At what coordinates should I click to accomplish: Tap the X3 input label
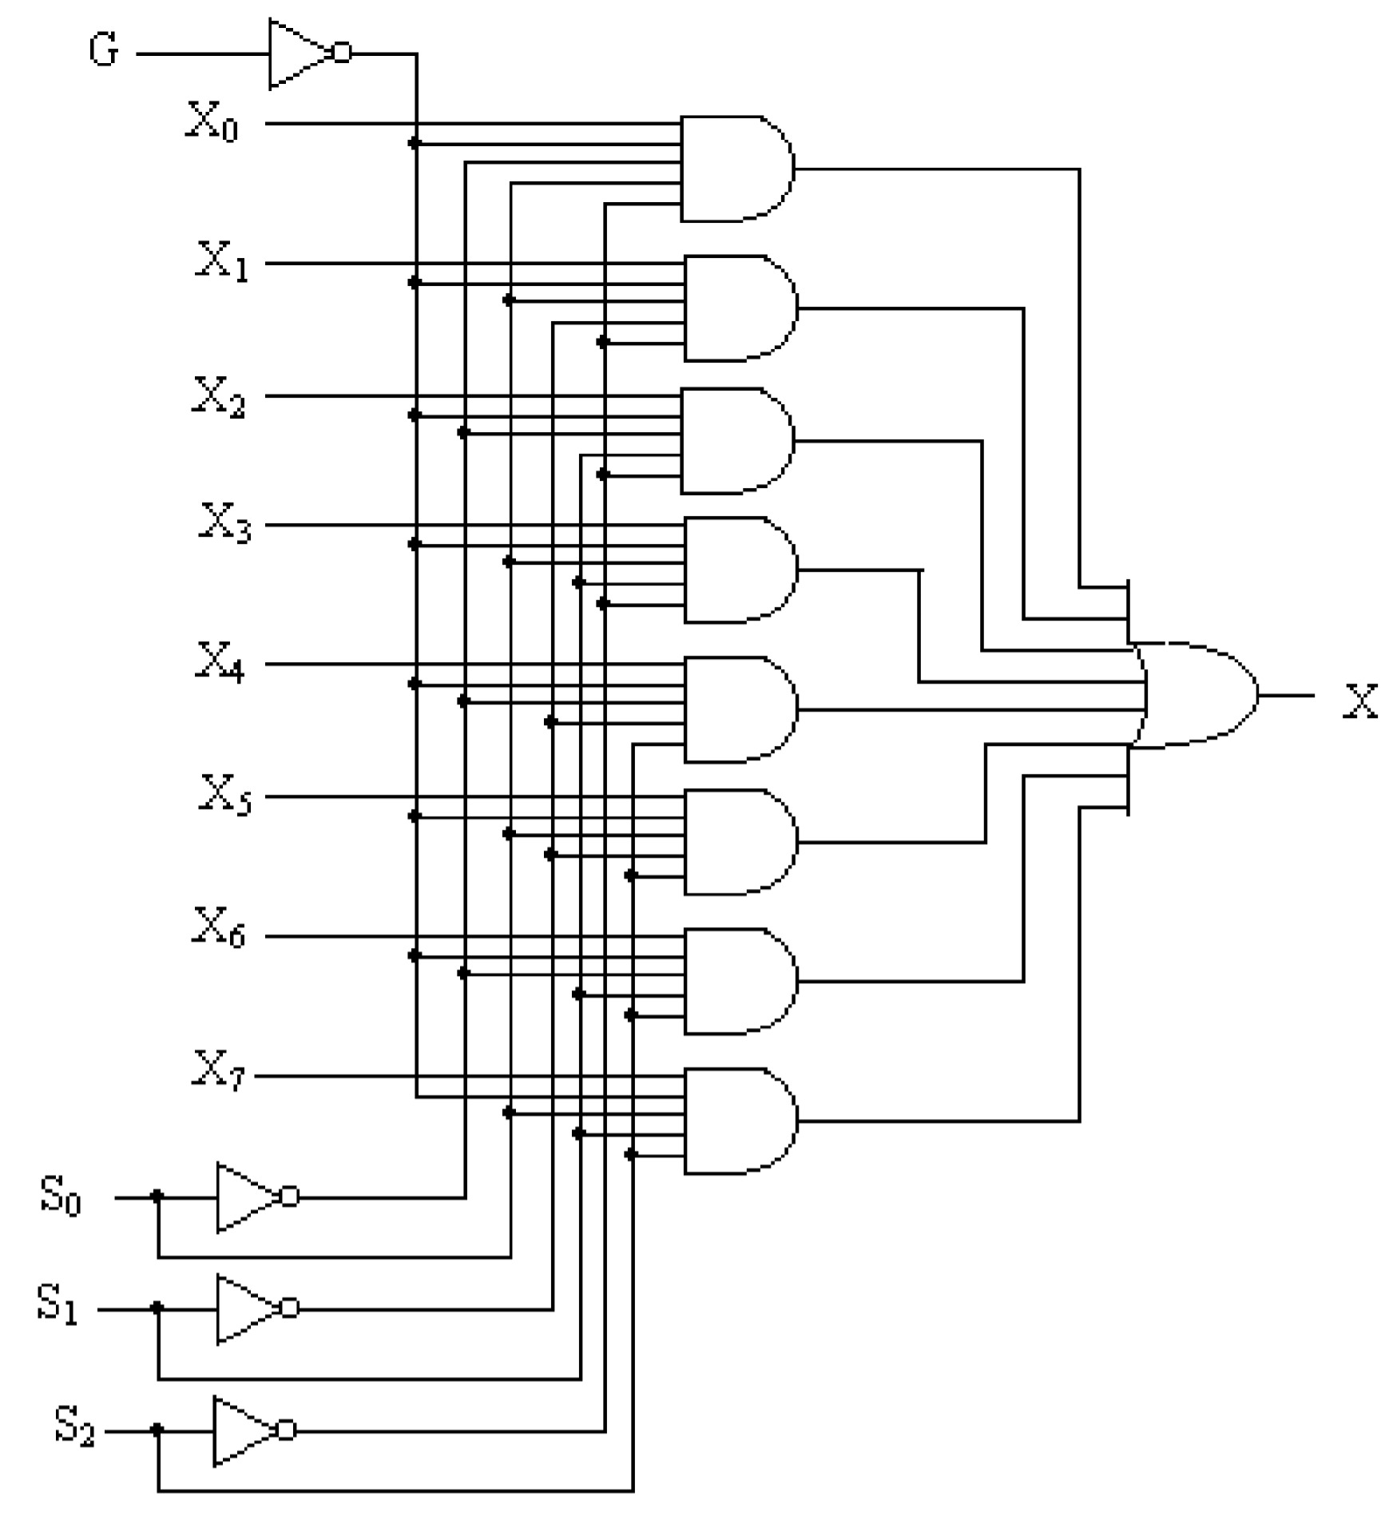[224, 523]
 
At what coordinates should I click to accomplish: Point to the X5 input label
[224, 795]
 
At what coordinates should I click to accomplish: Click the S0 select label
[61, 1197]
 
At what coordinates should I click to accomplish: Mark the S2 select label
[74, 1428]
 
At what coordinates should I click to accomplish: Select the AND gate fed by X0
[736, 169]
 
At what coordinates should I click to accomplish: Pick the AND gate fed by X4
[740, 709]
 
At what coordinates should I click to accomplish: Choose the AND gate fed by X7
[740, 1121]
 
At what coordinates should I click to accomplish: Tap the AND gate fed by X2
[736, 441]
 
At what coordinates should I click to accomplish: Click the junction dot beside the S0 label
[157, 1196]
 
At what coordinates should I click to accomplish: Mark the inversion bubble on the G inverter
[342, 54]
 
